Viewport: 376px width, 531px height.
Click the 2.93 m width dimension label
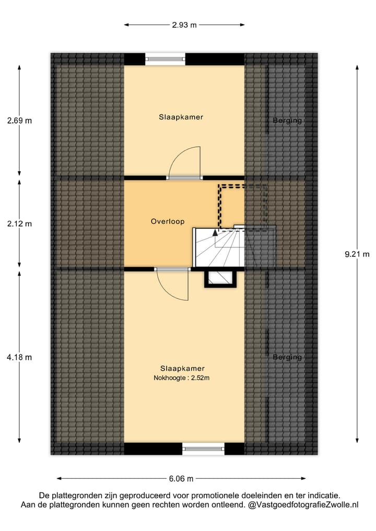tap(184, 25)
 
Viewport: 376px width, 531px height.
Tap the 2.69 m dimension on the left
tap(20, 121)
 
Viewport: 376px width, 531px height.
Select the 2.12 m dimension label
tap(20, 223)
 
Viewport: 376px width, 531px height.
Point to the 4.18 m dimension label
tap(20, 357)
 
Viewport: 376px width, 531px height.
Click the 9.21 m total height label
tap(357, 254)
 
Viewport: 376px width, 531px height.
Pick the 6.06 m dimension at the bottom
tap(181, 478)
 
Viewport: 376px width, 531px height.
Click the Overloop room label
tap(168, 221)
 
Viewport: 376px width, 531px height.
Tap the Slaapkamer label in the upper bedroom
tap(181, 117)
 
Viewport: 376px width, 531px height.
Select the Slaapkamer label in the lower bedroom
tap(182, 368)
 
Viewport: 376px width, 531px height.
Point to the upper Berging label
tap(287, 121)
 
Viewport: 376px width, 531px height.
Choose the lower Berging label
tap(287, 357)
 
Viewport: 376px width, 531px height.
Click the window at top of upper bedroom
tap(165, 59)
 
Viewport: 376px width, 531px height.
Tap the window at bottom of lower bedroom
tap(203, 448)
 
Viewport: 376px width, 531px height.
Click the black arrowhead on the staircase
tap(215, 233)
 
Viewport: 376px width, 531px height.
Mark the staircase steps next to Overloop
tap(219, 248)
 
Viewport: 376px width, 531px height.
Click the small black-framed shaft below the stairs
tap(219, 278)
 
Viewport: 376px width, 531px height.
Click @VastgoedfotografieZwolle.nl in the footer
tap(303, 505)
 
